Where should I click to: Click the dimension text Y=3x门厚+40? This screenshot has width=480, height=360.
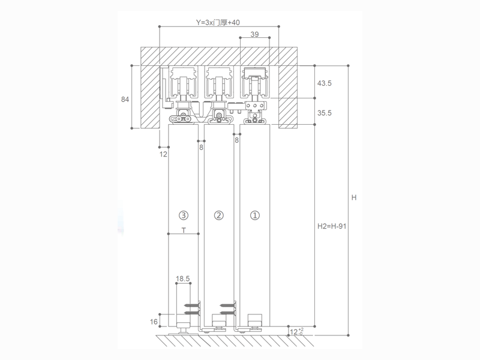coord(218,22)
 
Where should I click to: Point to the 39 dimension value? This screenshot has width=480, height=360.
coord(254,34)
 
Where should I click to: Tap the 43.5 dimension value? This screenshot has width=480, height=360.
coord(325,83)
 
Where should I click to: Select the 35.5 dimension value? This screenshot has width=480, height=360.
coord(325,113)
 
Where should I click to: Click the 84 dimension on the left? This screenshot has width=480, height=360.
coord(125,99)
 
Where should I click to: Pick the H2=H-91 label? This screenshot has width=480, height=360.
coord(332,226)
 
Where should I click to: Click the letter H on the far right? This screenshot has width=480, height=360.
coord(354,197)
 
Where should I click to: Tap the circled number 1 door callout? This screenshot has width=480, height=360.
coord(255,215)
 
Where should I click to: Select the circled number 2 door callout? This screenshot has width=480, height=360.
coord(218,215)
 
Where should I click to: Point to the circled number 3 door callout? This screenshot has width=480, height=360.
coord(184,215)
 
